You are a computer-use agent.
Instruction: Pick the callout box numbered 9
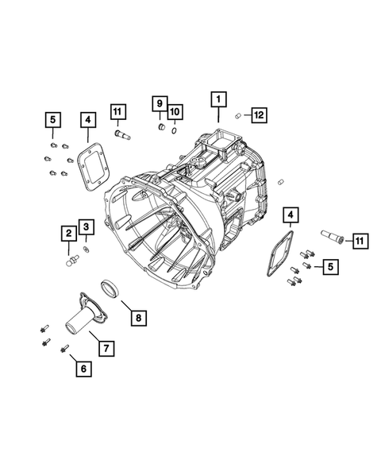coord(159,105)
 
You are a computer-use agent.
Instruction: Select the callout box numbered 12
coord(259,114)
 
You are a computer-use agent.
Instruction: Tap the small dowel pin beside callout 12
coord(237,116)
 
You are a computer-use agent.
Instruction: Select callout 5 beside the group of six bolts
coord(52,120)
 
